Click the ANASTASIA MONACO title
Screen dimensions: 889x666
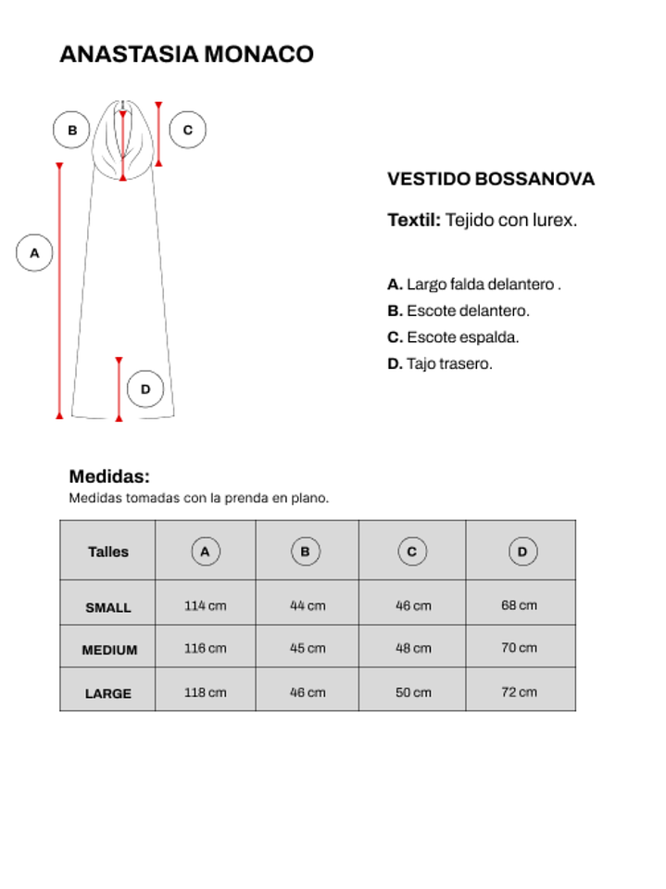coord(186,54)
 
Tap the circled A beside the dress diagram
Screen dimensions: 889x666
coord(34,253)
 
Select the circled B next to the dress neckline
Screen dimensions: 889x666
coord(71,130)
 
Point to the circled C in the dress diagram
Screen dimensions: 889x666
coord(187,130)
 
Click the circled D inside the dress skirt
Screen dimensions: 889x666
coord(145,389)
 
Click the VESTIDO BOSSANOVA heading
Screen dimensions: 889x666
coord(490,179)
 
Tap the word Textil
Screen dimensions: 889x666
coord(413,221)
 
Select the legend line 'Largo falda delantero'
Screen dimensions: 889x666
coord(474,285)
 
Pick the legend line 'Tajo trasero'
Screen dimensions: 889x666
coord(440,364)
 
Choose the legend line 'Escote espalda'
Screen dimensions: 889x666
coord(453,337)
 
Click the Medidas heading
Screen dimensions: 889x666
coord(109,476)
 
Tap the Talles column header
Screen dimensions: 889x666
coord(108,552)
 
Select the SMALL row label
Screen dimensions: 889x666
coord(108,608)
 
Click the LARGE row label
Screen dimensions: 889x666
coord(108,693)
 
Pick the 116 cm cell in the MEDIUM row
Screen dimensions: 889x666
coord(205,649)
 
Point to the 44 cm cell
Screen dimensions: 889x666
coord(308,606)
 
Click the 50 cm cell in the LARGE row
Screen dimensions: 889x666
coord(413,692)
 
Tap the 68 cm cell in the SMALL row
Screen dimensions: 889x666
coord(520,606)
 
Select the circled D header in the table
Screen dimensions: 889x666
coord(522,552)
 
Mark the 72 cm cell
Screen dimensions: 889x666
coord(520,692)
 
